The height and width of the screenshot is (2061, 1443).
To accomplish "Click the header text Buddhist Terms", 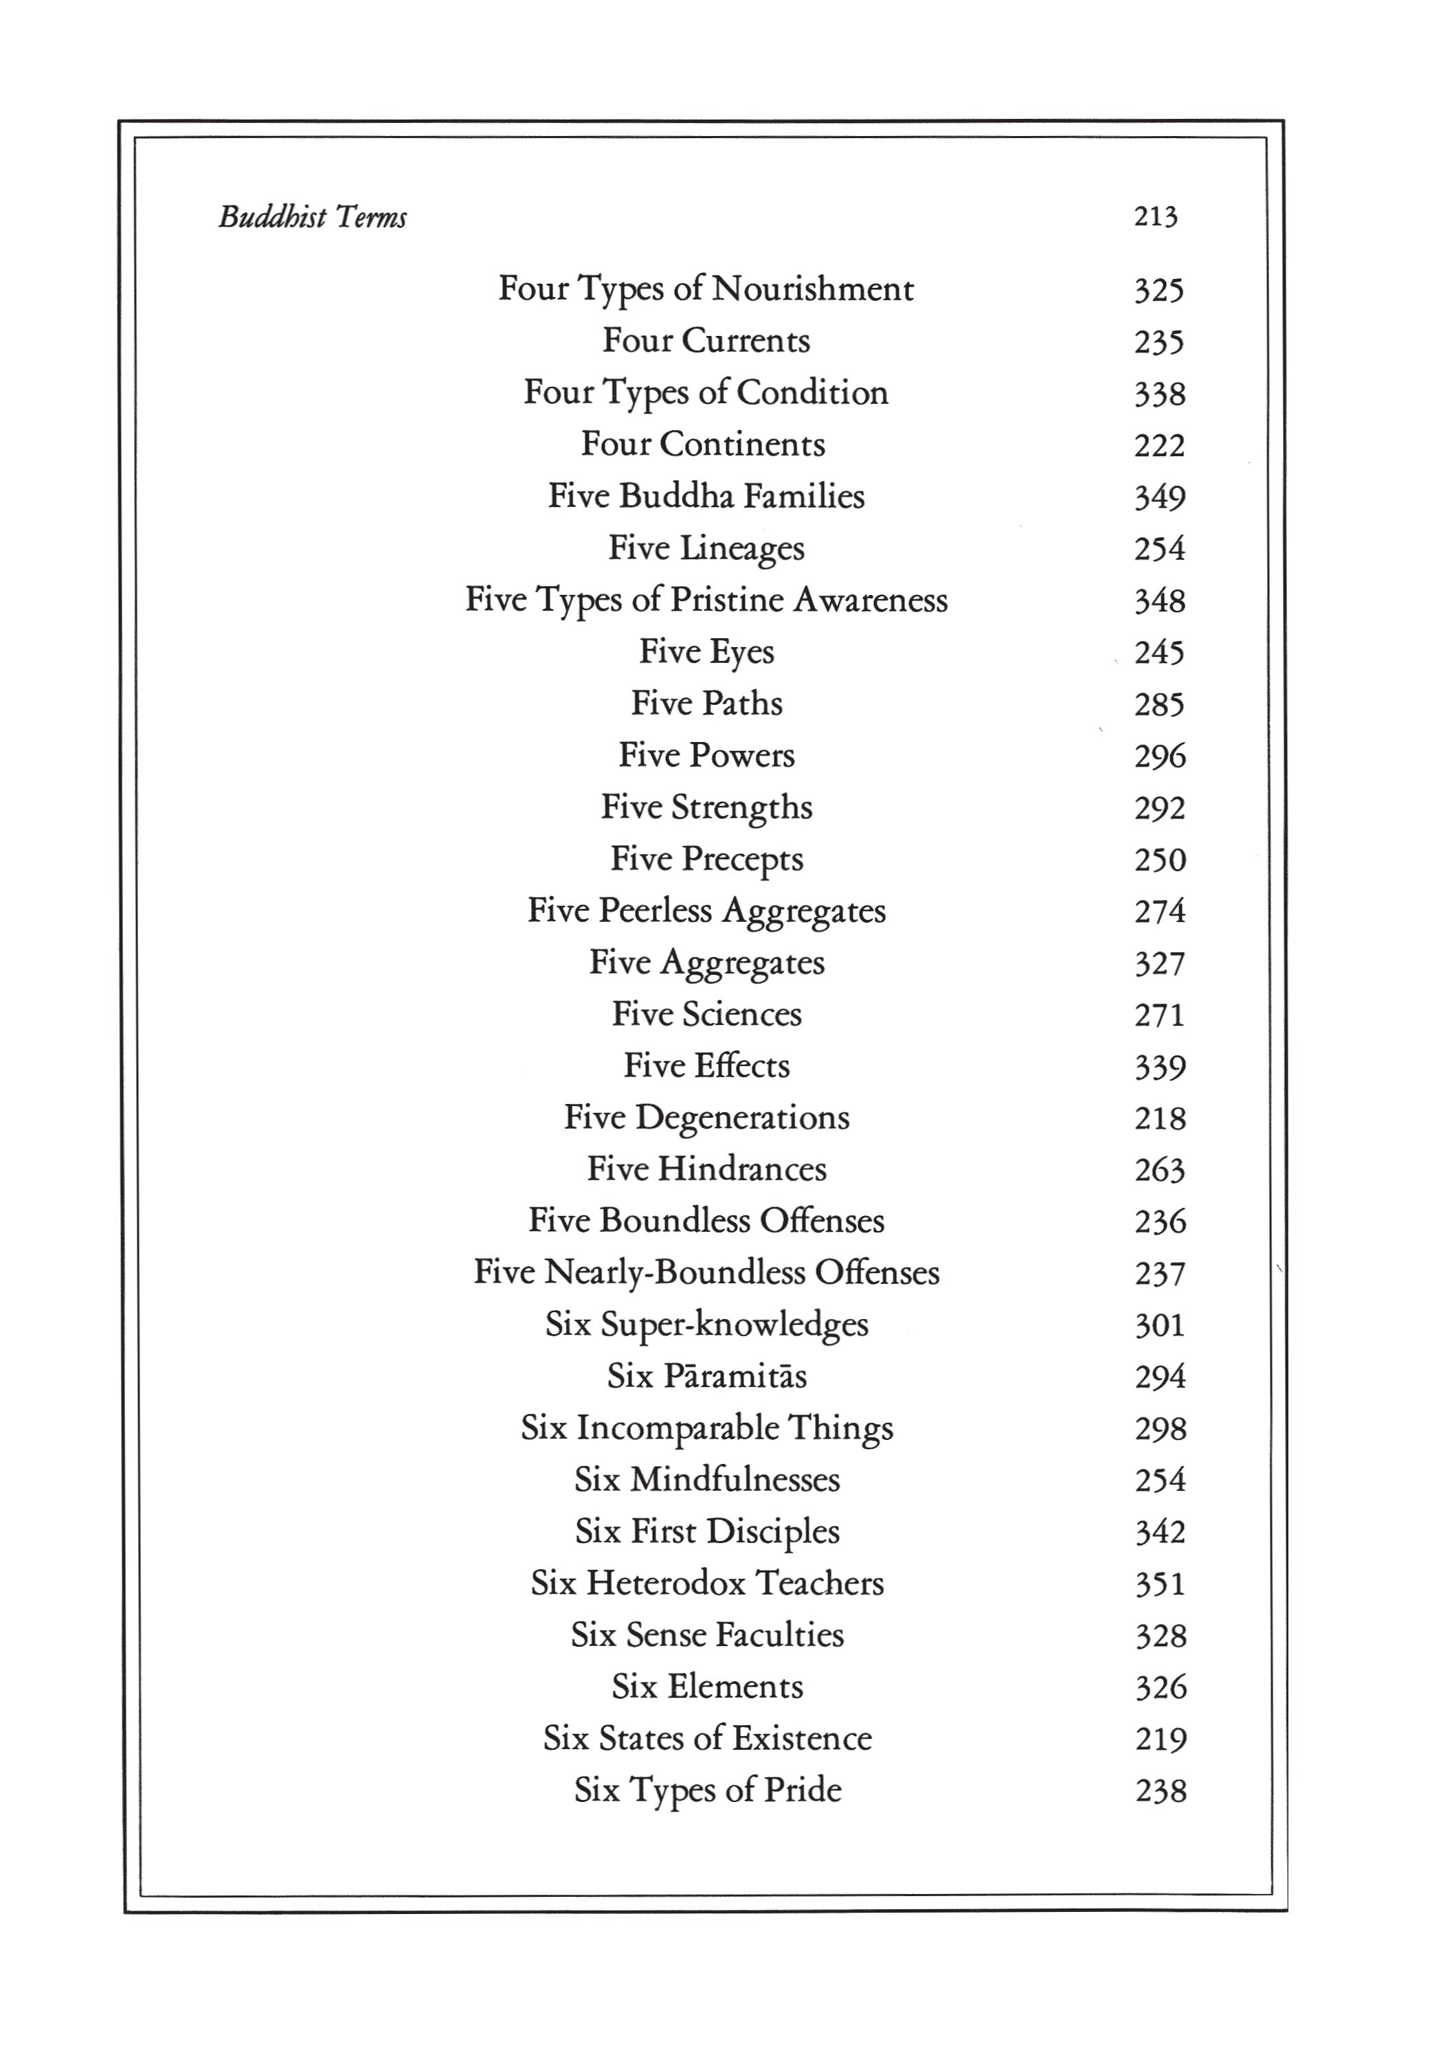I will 313,217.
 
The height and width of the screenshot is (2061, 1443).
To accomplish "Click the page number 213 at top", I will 1155,216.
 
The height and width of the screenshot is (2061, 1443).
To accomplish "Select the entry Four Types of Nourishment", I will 706,289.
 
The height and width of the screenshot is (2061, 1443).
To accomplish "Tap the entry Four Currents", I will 706,341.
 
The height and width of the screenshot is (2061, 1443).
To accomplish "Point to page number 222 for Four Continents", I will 1159,445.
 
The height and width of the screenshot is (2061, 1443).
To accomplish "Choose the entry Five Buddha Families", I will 706,497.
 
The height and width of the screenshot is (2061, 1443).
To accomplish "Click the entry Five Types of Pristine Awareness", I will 706,600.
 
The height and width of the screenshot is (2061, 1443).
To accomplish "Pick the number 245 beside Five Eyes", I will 1159,653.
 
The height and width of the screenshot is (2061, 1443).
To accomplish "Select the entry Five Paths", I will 706,703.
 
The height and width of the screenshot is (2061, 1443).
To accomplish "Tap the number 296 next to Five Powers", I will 1159,756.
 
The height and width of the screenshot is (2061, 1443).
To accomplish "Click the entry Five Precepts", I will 706,859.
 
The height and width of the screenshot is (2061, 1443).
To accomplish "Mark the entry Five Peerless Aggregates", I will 706,911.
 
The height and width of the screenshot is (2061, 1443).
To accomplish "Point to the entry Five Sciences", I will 706,1014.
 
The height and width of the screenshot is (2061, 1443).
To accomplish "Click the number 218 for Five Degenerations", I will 1159,1118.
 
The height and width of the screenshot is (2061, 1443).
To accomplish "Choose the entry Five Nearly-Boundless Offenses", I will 706,1273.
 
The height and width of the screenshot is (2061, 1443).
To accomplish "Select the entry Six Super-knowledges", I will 706,1325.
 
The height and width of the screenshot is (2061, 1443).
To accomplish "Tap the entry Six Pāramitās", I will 706,1376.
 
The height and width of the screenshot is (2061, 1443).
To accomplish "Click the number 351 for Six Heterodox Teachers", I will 1159,1584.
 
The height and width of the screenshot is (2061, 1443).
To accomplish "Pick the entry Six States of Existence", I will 706,1739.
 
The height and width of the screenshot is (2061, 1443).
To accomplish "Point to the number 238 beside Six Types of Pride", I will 1160,1791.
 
